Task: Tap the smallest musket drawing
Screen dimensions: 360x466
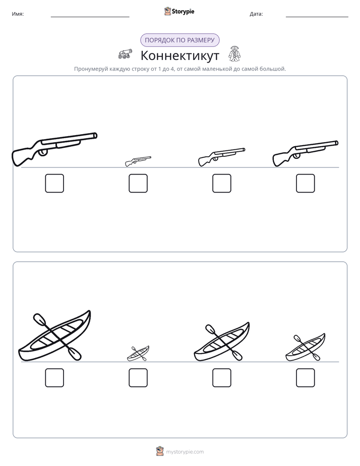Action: [x=138, y=161]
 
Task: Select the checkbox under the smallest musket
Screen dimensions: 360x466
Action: [x=138, y=184]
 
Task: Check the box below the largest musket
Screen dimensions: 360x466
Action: [x=54, y=184]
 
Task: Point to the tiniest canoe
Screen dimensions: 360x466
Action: [x=138, y=354]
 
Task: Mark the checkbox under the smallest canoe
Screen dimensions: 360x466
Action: [x=138, y=378]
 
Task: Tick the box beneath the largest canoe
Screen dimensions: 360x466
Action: [x=54, y=378]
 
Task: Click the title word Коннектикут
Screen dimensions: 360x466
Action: [x=179, y=55]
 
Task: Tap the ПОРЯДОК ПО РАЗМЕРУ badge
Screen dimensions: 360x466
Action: [x=179, y=40]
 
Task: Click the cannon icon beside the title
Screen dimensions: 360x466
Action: [x=125, y=54]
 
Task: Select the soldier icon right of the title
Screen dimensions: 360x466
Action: [x=234, y=54]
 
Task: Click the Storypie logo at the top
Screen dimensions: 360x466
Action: [x=179, y=11]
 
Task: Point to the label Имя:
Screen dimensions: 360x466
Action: [x=18, y=14]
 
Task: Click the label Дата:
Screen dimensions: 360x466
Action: [x=256, y=14]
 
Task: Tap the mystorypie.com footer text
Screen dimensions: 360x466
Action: [x=185, y=452]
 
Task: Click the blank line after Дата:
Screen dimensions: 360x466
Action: [x=317, y=17]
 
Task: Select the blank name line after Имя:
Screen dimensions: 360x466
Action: [x=90, y=17]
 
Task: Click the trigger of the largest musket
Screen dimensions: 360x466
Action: [x=43, y=152]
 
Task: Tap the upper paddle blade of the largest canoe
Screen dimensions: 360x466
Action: [x=39, y=319]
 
